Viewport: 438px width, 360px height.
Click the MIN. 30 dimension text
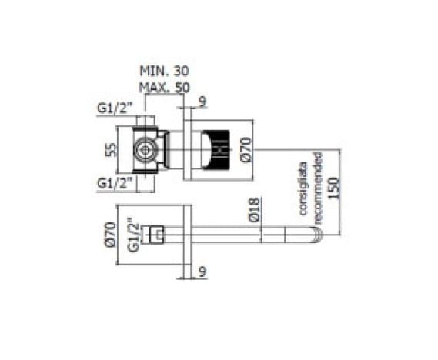coord(164,72)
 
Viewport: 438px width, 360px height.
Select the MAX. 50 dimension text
coord(164,88)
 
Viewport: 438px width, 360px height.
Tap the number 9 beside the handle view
coord(202,102)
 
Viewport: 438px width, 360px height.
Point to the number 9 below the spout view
coord(203,272)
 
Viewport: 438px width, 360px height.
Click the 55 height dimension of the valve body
coord(110,149)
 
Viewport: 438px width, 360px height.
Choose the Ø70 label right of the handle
coord(246,149)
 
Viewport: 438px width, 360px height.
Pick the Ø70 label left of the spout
coord(110,234)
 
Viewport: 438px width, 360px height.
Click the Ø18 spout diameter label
coord(254,209)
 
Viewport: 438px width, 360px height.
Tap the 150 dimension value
coord(334,188)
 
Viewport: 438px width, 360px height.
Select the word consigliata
coord(303,188)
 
